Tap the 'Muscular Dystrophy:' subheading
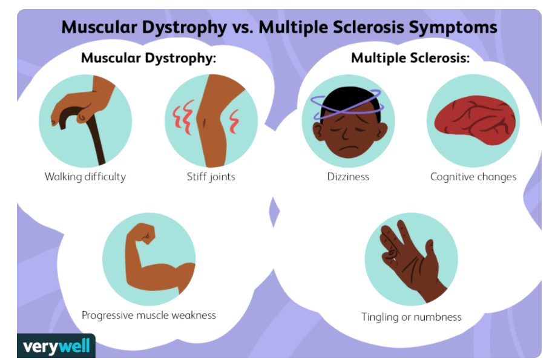[x=149, y=59]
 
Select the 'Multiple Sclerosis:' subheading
[x=410, y=59]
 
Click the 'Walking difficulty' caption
[x=85, y=177]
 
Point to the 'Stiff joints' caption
[x=211, y=177]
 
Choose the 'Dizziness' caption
[x=348, y=177]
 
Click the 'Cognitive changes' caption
[x=473, y=177]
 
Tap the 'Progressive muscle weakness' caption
[x=149, y=315]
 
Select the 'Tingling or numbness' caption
[x=412, y=317]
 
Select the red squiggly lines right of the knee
[x=234, y=123]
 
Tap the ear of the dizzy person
[x=317, y=128]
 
